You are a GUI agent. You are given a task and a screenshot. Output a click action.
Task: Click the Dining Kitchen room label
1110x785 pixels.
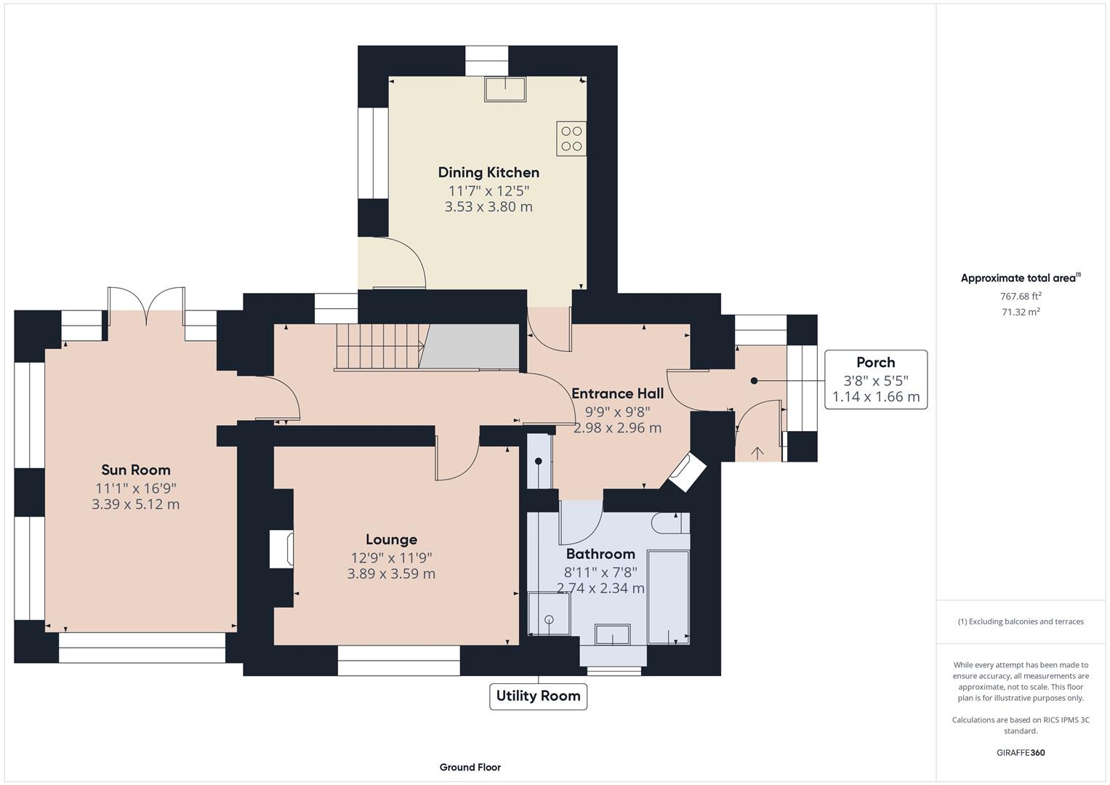[488, 172]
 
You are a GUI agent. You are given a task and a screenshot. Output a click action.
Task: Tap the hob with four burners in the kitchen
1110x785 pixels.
[571, 139]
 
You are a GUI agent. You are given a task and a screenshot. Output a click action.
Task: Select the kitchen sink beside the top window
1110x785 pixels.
[505, 89]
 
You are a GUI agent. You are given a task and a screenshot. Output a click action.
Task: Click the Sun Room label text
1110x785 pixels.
[136, 470]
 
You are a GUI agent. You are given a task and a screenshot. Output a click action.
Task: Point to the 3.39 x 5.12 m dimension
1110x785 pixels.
[136, 504]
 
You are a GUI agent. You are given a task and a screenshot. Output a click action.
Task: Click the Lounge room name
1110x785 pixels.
[392, 539]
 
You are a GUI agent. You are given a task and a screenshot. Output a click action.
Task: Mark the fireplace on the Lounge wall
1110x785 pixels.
[281, 549]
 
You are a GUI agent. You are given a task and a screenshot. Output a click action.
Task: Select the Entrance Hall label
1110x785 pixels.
[617, 393]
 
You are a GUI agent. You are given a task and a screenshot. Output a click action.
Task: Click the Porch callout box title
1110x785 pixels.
[876, 362]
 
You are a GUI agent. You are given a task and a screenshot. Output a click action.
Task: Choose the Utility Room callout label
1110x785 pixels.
[538, 696]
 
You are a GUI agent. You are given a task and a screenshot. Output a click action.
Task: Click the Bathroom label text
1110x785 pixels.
[600, 554]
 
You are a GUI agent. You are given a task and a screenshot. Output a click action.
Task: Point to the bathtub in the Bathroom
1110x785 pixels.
[668, 597]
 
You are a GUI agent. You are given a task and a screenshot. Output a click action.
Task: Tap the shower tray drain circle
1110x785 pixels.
[549, 619]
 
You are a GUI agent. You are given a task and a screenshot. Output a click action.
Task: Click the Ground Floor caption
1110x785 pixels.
[470, 767]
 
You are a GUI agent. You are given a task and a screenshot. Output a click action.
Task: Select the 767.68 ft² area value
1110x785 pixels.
[1021, 296]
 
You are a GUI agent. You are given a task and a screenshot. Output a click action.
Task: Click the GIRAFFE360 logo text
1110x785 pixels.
[1021, 752]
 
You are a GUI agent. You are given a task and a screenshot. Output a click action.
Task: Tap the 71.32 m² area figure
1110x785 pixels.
[1021, 312]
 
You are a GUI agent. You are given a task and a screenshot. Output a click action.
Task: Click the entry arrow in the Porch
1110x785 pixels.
[757, 452]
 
